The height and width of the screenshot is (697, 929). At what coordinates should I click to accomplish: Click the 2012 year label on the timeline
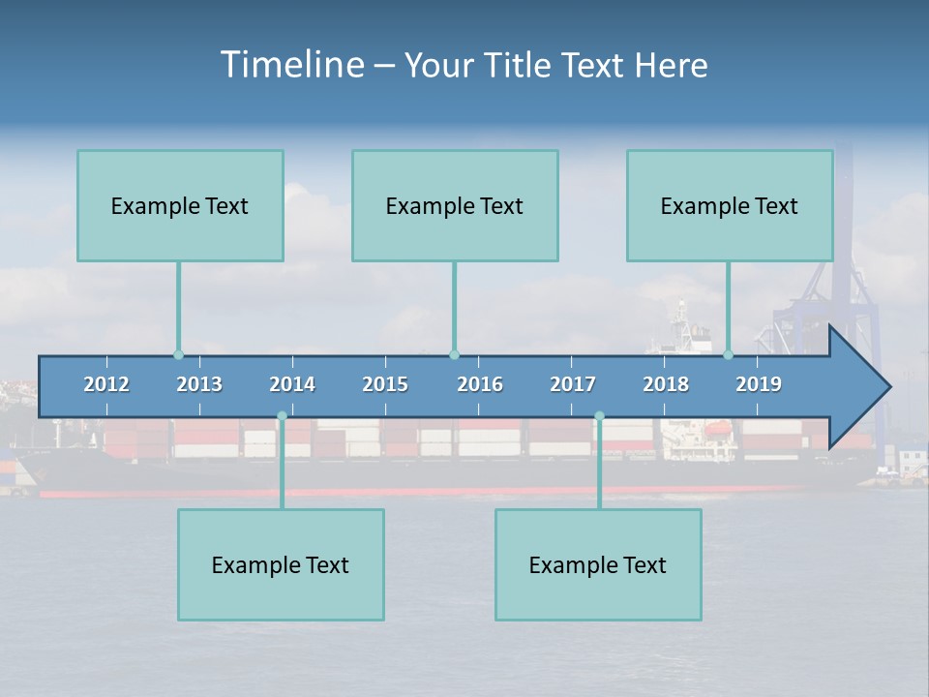[x=106, y=384]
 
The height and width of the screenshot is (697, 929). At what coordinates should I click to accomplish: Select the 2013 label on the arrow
[x=199, y=384]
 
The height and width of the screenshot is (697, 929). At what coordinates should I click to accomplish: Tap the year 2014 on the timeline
[x=292, y=384]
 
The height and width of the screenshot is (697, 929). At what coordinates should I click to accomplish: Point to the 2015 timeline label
[x=385, y=384]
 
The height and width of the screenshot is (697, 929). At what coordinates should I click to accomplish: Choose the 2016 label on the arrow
[x=480, y=384]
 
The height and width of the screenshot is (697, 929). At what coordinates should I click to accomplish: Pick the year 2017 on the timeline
[x=573, y=384]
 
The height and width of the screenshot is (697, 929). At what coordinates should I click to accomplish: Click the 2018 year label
[x=666, y=384]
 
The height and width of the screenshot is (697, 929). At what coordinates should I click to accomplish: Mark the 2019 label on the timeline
[x=759, y=384]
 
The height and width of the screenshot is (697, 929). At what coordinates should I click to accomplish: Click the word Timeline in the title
[x=290, y=65]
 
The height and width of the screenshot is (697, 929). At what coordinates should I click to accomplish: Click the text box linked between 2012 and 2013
[x=180, y=205]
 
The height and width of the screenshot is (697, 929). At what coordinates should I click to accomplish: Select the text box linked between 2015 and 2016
[x=455, y=205]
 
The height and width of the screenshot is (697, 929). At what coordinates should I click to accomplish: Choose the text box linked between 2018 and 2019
[x=730, y=205]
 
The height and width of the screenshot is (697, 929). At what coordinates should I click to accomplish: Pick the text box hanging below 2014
[x=281, y=564]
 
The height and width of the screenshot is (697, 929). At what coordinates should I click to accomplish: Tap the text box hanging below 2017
[x=598, y=564]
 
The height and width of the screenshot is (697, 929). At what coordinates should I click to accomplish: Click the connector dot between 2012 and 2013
[x=178, y=354]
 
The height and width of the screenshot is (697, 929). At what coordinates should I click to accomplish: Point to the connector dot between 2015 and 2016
[x=454, y=354]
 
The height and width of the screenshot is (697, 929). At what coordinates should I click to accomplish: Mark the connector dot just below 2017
[x=599, y=416]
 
